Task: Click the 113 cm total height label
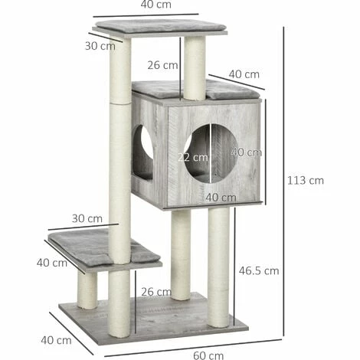306,181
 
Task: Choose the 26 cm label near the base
156,291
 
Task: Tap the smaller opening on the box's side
143,152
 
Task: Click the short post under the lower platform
87,290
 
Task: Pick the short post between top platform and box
195,68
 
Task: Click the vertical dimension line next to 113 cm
284,181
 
